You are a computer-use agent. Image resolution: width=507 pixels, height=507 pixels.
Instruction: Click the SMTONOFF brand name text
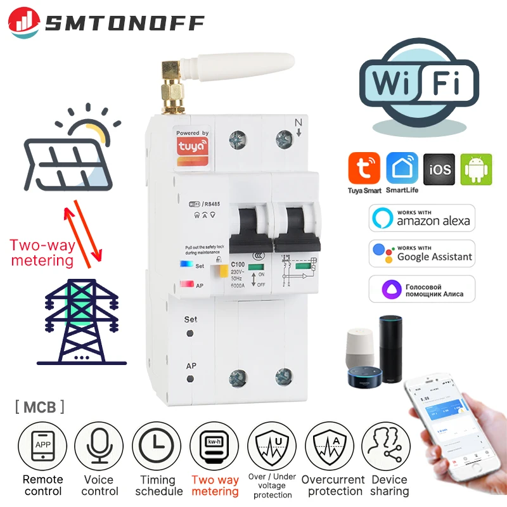pyautogui.click(x=125, y=23)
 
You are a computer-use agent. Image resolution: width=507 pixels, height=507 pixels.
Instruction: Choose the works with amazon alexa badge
pyautogui.click(x=421, y=217)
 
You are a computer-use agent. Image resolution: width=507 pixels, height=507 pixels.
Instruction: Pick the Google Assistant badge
pyautogui.click(x=421, y=253)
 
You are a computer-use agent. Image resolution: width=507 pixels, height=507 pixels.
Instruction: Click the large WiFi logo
pyautogui.click(x=419, y=85)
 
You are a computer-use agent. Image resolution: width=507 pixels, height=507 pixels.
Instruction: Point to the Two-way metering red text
pyautogui.click(x=41, y=252)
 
